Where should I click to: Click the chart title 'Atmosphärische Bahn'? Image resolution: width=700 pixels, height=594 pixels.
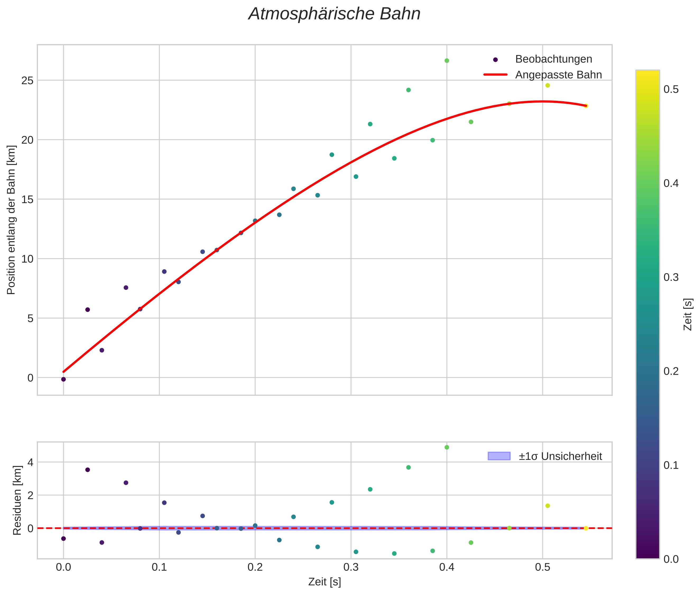tap(334, 14)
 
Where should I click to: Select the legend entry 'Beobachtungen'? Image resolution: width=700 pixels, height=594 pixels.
tap(553, 59)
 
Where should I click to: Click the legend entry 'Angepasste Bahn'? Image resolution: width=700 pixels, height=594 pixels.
tap(558, 75)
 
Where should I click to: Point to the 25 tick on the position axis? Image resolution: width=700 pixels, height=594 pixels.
tap(27, 80)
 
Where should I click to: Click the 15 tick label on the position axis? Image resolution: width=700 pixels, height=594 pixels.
tap(27, 199)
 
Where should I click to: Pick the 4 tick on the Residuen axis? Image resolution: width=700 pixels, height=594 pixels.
tap(30, 462)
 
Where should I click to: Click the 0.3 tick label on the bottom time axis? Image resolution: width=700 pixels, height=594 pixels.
tap(351, 567)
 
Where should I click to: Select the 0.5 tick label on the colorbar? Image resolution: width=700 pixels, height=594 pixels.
tap(671, 90)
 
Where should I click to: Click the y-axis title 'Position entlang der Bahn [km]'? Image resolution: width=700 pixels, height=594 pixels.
tap(11, 220)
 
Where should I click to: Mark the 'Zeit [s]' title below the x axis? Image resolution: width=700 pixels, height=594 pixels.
tap(324, 582)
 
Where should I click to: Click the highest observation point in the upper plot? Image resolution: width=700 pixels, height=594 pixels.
tap(447, 61)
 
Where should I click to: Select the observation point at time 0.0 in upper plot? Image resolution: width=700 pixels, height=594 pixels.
tap(64, 379)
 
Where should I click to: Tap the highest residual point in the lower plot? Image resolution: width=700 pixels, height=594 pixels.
tap(447, 447)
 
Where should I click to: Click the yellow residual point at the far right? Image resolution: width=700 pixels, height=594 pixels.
tap(586, 528)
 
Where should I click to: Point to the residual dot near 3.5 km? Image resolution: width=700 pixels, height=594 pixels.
tap(87, 470)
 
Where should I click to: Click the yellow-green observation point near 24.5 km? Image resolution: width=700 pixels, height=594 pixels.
tap(547, 85)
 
